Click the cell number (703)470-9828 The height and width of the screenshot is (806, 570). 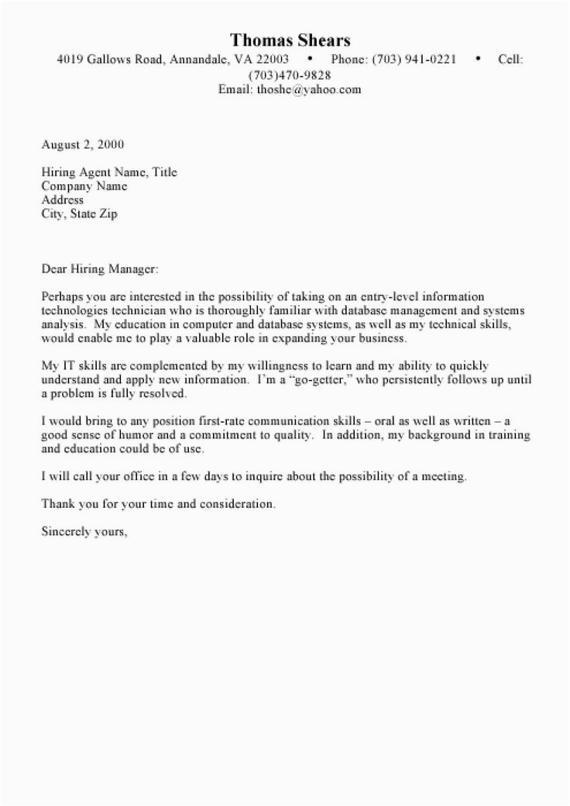(x=290, y=74)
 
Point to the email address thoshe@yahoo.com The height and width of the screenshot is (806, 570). (x=311, y=89)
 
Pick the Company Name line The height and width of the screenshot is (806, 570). (x=84, y=187)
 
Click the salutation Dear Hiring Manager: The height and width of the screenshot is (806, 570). (x=98, y=270)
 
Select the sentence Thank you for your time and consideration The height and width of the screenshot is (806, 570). (x=158, y=505)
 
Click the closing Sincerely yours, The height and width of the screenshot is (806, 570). (x=83, y=533)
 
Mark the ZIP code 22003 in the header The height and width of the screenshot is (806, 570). (x=273, y=59)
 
